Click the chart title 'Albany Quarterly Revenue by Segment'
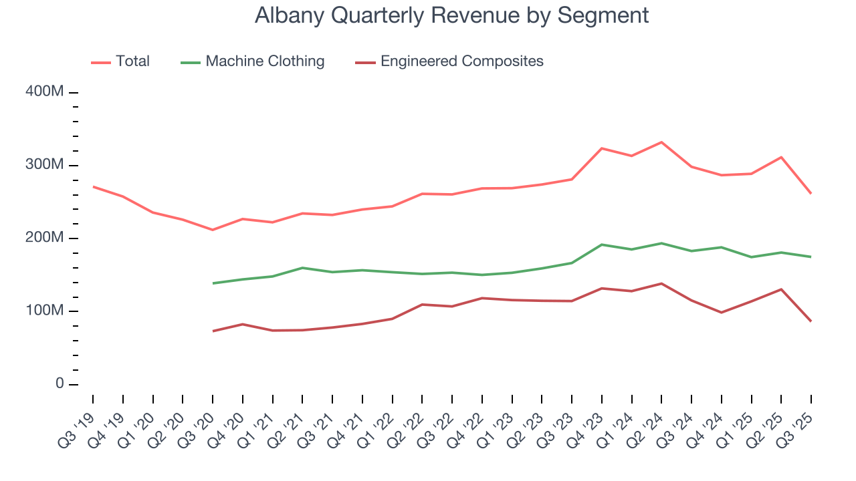451,15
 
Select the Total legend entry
132,61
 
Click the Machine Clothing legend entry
265,61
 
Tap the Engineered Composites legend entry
461,61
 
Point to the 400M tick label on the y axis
44,92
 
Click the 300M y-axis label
44,165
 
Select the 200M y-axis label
44,238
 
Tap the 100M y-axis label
44,311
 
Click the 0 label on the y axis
59,384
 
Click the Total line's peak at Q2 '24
661,142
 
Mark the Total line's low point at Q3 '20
213,230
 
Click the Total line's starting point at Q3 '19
93,186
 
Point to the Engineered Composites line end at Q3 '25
811,321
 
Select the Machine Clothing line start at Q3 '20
213,283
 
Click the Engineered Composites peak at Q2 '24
661,283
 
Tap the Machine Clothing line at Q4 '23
602,245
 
